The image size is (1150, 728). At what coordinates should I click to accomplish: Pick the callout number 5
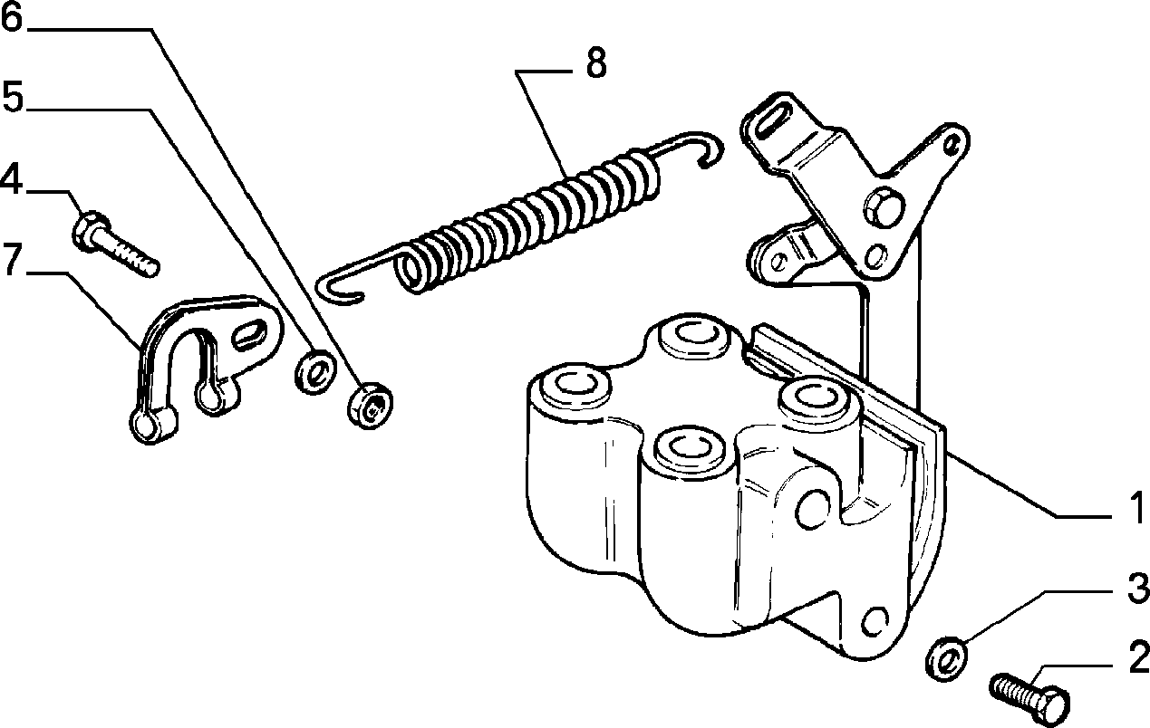point(13,97)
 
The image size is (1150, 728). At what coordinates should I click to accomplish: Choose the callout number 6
point(13,16)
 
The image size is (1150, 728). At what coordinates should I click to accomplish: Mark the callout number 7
point(13,261)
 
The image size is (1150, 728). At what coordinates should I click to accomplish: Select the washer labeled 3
point(947,659)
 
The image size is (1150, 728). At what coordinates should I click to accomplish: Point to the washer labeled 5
point(315,372)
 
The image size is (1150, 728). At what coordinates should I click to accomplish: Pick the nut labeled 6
point(370,406)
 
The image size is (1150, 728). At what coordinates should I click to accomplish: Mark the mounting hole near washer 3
point(874,621)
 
